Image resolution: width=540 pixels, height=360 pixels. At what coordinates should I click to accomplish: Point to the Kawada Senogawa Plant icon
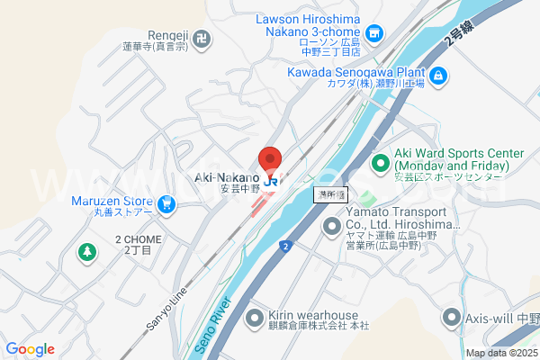(437, 76)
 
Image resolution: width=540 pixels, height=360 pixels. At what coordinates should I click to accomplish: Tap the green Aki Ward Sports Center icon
(380, 165)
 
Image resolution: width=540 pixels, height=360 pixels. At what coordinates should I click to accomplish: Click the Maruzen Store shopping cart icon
(166, 205)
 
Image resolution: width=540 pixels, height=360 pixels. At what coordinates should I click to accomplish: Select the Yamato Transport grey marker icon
(330, 224)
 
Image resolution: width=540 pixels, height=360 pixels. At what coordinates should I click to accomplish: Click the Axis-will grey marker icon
(451, 317)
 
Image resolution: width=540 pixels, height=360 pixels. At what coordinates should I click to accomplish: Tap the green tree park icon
(86, 253)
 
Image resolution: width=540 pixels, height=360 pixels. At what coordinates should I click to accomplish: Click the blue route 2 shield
(284, 246)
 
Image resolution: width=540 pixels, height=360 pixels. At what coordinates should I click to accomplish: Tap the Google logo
(30, 349)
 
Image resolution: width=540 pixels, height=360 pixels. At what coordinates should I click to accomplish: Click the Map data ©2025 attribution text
(502, 353)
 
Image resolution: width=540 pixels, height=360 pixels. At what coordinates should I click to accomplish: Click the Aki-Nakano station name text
(227, 178)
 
